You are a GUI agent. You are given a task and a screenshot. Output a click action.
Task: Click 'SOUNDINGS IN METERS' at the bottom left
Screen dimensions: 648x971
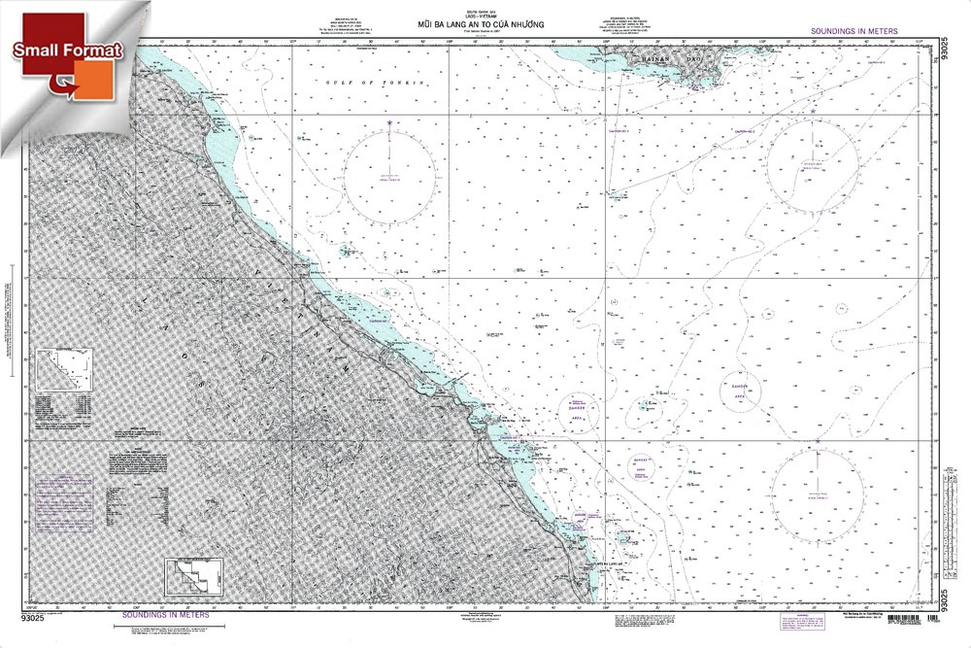point(160,614)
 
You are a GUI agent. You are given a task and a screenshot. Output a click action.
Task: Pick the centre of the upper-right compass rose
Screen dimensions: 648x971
point(812,160)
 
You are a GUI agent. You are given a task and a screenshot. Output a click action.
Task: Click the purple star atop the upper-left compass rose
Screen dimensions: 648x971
point(389,123)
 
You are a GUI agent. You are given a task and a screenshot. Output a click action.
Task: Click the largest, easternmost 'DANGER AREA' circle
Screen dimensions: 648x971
point(740,390)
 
